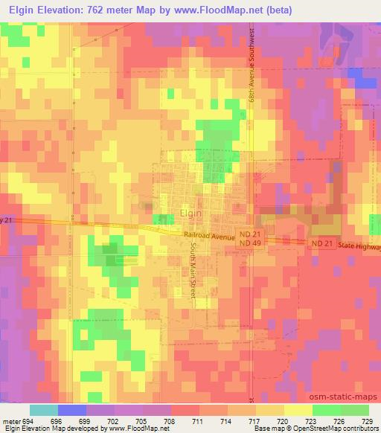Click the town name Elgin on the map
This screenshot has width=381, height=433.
pyautogui.click(x=191, y=213)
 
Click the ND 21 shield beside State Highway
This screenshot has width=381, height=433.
pyautogui.click(x=321, y=243)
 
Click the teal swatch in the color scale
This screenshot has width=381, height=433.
pyautogui.click(x=43, y=410)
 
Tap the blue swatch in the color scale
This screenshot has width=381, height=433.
pyautogui.click(x=71, y=410)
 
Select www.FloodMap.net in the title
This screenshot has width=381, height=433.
pyautogui.click(x=215, y=10)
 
